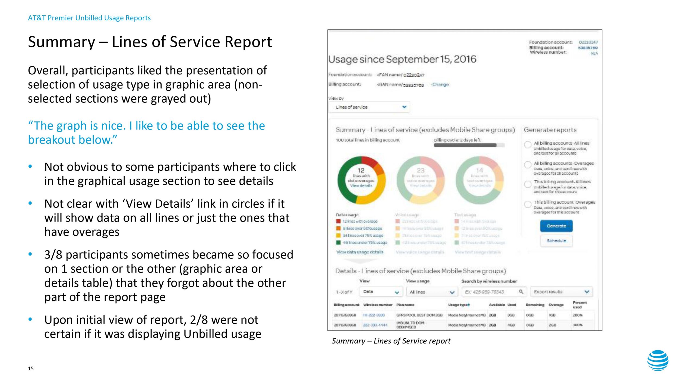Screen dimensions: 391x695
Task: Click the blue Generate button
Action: [x=556, y=226]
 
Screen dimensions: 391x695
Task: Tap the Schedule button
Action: [x=556, y=241]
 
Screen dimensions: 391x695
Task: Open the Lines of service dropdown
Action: [x=369, y=107]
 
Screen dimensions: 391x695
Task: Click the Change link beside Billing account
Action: [x=440, y=84]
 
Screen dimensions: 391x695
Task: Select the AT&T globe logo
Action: [x=658, y=360]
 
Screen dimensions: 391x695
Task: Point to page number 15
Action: [x=31, y=368]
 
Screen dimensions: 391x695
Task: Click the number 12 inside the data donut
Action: [x=361, y=171]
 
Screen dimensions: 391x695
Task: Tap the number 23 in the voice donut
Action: [x=421, y=171]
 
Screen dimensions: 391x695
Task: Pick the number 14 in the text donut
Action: [x=479, y=171]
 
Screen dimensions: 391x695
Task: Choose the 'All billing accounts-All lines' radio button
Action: [x=528, y=144]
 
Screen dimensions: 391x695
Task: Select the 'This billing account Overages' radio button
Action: [x=528, y=204]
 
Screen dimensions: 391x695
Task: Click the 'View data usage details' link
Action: [x=360, y=252]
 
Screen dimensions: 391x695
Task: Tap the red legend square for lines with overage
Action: [x=338, y=221]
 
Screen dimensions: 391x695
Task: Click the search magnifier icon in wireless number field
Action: [x=521, y=292]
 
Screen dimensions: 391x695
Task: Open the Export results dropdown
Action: [x=561, y=292]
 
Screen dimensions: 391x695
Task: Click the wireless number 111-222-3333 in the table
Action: [x=374, y=315]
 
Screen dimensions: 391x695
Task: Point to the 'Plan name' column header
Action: [x=405, y=305]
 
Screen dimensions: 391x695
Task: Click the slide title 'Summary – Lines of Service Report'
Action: [x=150, y=42]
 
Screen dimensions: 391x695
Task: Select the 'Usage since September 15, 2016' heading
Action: [x=402, y=59]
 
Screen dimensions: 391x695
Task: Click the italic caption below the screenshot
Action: [x=391, y=341]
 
